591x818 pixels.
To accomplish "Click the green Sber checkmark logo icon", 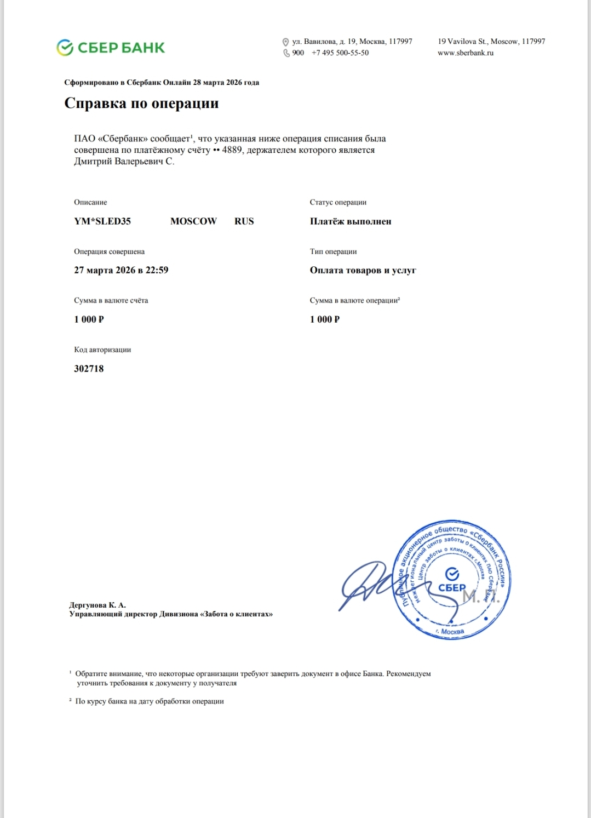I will click(65, 48).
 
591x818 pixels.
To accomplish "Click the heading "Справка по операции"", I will click(141, 103).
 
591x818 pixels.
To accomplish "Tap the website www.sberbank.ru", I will click(466, 53).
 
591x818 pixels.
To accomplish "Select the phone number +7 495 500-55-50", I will click(340, 53).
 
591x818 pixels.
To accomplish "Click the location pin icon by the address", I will click(285, 42).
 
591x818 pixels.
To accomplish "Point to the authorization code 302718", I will click(89, 369).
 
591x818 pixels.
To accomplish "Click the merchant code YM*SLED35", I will click(102, 221).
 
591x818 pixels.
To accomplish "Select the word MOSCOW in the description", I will click(193, 221).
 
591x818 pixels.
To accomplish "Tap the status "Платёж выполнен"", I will click(351, 221).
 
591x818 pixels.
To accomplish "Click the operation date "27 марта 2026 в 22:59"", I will click(121, 270).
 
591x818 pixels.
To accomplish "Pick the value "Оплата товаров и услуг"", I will click(363, 270).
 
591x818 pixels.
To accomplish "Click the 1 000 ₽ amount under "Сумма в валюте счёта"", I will click(89, 319).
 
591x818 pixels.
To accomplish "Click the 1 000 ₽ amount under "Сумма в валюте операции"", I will click(325, 319).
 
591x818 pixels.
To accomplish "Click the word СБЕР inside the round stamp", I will click(452, 588).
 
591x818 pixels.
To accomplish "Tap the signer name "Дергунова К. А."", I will click(97, 605).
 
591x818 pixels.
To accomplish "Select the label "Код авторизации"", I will click(102, 350).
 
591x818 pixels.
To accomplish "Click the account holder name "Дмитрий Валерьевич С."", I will click(124, 162).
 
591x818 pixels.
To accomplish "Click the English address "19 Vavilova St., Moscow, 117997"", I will click(491, 42).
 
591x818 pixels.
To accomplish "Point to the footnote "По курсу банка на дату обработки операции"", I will click(149, 701).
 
